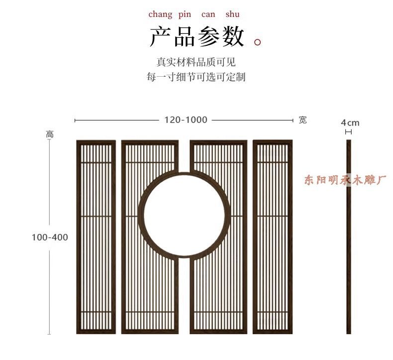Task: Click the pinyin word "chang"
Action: (x=160, y=14)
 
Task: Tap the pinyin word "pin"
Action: (x=185, y=14)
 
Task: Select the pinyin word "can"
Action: (x=208, y=14)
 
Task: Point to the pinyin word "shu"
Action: (x=232, y=14)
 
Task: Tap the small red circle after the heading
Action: (x=258, y=42)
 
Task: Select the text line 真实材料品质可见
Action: (x=196, y=62)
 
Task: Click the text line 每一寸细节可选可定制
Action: (x=196, y=77)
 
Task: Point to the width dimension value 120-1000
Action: (x=186, y=120)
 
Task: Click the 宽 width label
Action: (x=303, y=120)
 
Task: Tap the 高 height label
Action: (x=50, y=134)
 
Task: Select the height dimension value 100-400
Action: (x=50, y=238)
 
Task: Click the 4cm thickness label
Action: (x=350, y=122)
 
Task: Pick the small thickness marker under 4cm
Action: (x=348, y=132)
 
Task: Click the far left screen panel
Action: (x=96, y=237)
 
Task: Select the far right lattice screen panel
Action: (x=273, y=237)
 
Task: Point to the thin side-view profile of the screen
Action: (x=348, y=237)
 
